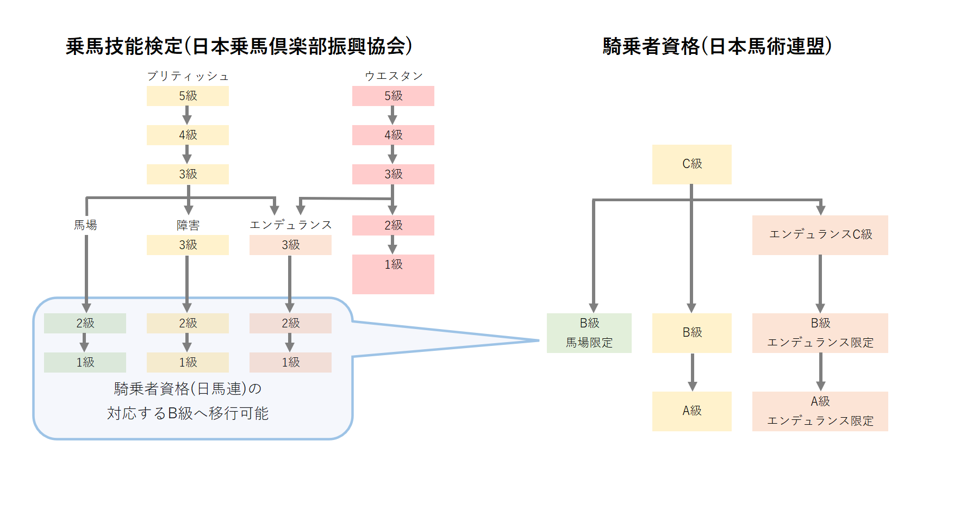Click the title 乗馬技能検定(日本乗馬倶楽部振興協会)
[239, 46]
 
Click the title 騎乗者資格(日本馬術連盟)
[717, 46]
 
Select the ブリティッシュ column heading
[188, 76]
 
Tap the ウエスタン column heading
[393, 76]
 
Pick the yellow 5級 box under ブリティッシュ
[188, 96]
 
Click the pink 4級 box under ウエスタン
[393, 135]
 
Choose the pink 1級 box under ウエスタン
[393, 274]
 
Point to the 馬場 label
[85, 225]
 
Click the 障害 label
[188, 225]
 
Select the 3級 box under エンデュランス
[290, 245]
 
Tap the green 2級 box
[85, 323]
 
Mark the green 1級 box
[85, 362]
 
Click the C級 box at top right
[691, 164]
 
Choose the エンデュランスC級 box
[820, 235]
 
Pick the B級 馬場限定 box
[589, 333]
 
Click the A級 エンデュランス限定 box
[820, 411]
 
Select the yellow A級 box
[691, 411]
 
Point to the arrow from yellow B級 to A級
[692, 372]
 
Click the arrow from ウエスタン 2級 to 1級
[392, 245]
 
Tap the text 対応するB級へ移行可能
[188, 413]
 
